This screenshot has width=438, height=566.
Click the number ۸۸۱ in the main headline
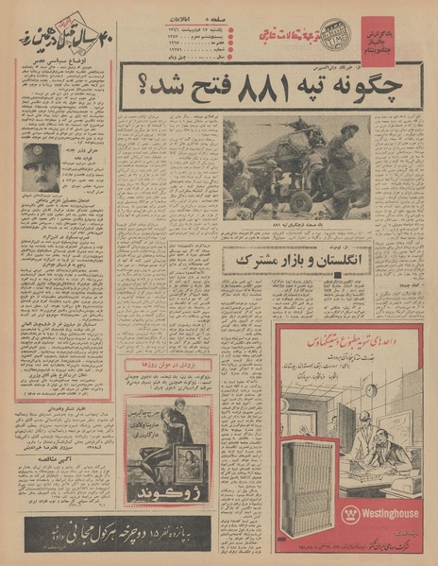261,92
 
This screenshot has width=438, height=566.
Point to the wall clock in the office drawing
371,390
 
